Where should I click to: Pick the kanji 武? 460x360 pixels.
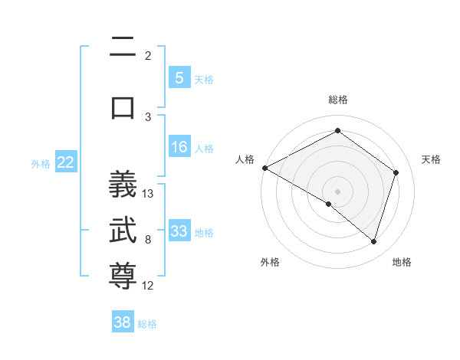pos(123,231)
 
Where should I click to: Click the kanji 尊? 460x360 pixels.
pos(123,277)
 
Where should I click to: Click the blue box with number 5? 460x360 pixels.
pos(179,77)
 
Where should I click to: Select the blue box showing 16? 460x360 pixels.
pos(179,147)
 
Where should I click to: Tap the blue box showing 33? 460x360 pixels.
pos(179,231)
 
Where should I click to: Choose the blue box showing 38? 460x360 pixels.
pos(123,322)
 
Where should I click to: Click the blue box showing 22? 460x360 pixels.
pos(65,162)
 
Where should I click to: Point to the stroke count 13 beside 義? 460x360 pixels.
pos(148,194)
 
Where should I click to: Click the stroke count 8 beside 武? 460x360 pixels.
pos(148,240)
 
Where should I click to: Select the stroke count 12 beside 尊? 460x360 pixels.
pos(148,286)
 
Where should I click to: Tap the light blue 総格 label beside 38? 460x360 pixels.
pos(147,324)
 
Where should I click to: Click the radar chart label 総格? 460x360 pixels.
pos(337,100)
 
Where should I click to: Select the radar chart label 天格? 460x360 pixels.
pos(431,159)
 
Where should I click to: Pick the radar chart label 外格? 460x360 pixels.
pos(270,262)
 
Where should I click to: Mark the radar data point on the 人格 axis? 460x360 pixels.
pos(264,168)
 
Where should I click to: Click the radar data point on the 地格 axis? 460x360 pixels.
pos(373,241)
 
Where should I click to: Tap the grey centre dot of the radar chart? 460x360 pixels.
pos(337,191)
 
